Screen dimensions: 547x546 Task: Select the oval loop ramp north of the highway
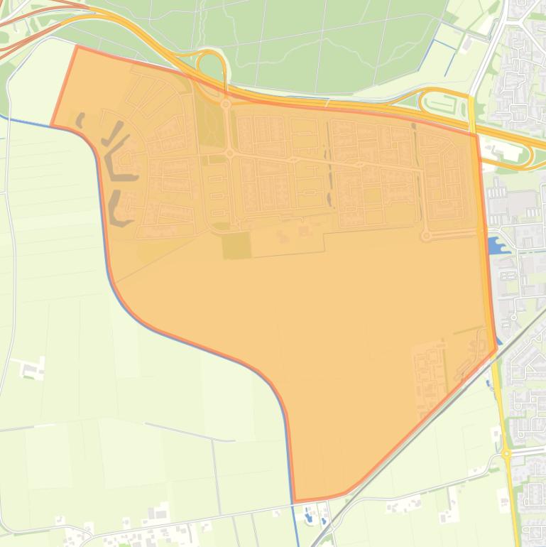click(443, 104)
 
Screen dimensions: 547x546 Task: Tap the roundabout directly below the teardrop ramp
click(226, 104)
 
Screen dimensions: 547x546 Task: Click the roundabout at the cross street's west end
click(230, 152)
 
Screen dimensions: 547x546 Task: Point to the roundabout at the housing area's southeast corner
click(427, 236)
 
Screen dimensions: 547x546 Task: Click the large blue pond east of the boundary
click(496, 246)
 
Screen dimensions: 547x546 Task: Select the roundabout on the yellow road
click(506, 453)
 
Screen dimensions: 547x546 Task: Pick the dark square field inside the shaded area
click(236, 246)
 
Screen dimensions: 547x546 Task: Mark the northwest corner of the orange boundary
click(77, 47)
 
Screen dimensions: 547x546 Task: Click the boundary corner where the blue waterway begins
click(52, 126)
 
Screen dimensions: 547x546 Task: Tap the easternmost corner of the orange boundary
click(496, 350)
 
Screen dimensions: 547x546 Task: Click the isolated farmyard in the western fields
click(31, 369)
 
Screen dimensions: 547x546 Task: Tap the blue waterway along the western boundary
click(107, 249)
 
